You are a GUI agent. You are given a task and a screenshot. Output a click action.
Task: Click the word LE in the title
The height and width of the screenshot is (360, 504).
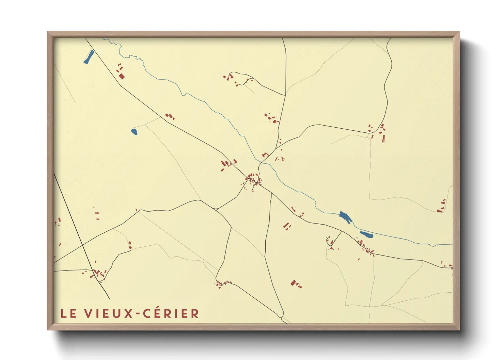tap(68, 314)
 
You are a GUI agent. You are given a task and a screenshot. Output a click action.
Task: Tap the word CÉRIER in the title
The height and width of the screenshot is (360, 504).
tap(171, 314)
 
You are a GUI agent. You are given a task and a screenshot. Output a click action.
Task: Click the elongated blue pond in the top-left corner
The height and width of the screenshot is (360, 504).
tap(89, 57)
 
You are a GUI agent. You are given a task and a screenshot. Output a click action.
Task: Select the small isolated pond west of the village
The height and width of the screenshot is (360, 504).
tap(134, 132)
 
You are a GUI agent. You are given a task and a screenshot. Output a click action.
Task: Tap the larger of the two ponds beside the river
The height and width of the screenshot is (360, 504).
tap(345, 216)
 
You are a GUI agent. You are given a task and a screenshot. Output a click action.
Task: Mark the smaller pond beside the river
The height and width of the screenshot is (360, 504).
tap(366, 234)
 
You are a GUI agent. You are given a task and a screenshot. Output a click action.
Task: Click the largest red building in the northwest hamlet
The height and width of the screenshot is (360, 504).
tap(122, 76)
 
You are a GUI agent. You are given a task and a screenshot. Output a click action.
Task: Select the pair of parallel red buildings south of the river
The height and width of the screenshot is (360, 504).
tap(288, 226)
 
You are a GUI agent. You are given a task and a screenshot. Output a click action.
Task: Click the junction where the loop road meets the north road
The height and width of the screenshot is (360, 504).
tap(285, 95)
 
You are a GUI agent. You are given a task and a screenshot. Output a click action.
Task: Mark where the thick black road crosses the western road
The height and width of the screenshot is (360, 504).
tap(83, 245)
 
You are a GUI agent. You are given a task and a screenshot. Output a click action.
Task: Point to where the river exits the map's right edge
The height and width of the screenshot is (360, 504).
tap(452, 244)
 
